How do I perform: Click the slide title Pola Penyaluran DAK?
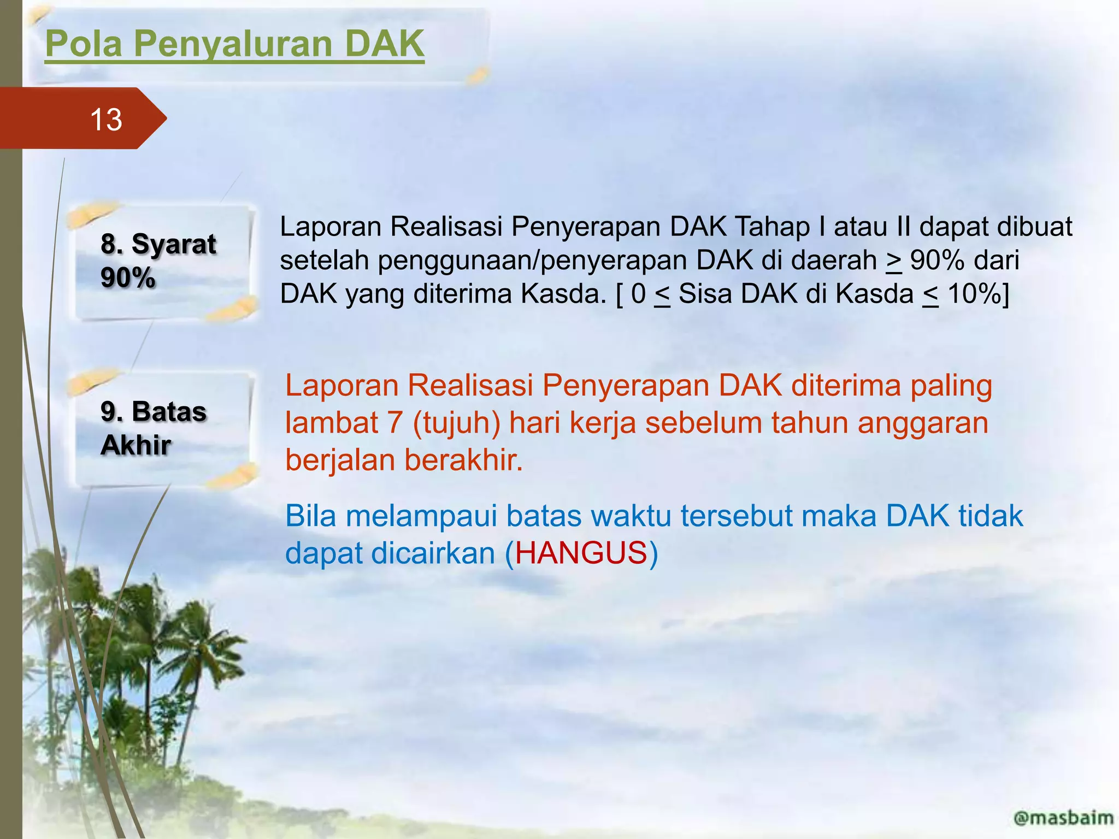[x=234, y=44]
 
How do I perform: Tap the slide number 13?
[x=106, y=120]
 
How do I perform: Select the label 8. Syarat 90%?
[x=158, y=261]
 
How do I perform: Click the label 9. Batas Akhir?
[x=153, y=428]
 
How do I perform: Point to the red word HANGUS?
[x=581, y=553]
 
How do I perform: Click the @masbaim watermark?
[x=1063, y=818]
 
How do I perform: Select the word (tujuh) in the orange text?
[x=456, y=423]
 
